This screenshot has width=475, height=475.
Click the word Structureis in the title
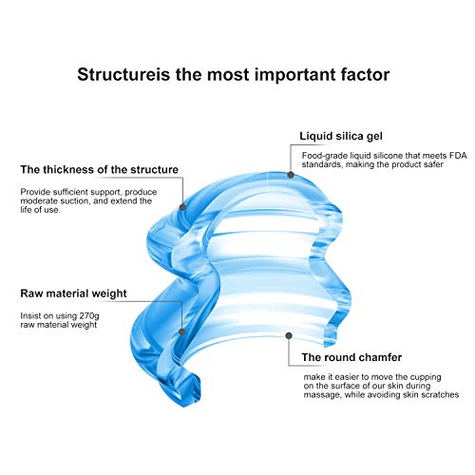(123, 75)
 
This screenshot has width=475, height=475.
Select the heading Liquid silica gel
(341, 136)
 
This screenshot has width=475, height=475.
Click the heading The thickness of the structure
(100, 169)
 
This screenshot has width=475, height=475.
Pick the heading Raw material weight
(73, 294)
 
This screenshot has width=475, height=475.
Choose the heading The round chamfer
(351, 357)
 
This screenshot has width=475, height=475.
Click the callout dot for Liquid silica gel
(291, 175)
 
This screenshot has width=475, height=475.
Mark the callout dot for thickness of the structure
(182, 207)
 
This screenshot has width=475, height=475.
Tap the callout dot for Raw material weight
(181, 332)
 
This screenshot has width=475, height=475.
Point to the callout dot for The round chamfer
(289, 335)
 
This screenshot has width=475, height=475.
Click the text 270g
(89, 316)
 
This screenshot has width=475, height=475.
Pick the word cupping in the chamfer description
(426, 377)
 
